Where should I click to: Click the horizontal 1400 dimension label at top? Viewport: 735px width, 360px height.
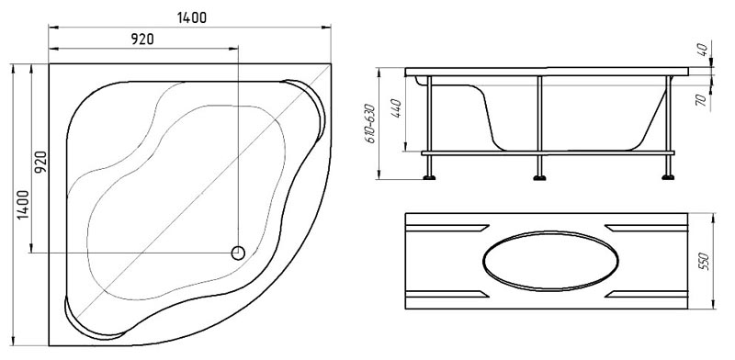point(192,17)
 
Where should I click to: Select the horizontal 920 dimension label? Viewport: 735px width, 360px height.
point(142,39)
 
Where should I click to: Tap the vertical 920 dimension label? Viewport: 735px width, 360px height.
point(41,163)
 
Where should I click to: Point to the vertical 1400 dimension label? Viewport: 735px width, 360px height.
point(23,205)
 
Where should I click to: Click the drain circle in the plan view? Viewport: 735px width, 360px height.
point(238,253)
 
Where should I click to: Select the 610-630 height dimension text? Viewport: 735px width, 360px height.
point(370,123)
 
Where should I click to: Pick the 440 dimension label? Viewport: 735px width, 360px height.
point(396,108)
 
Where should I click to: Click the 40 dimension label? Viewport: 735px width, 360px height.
point(702,50)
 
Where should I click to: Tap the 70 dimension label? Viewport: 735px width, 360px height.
point(702,100)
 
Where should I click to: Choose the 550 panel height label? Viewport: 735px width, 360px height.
point(704,261)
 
